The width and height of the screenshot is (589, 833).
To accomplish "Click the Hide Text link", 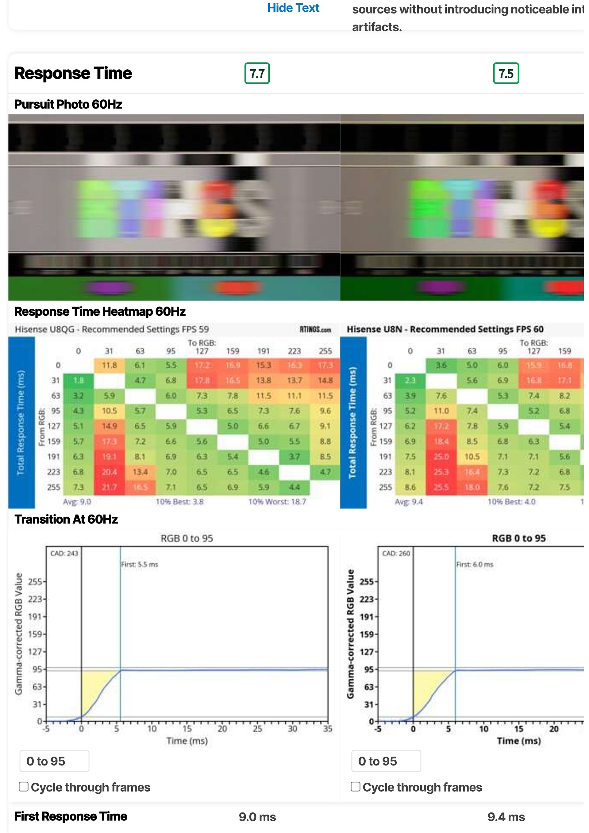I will tap(293, 8).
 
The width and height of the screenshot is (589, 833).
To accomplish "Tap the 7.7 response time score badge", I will tap(257, 74).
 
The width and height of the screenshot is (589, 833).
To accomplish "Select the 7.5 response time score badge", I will tap(506, 74).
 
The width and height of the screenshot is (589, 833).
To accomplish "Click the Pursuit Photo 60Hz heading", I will tap(68, 105).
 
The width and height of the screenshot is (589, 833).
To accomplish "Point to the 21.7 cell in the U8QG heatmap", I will tap(109, 487).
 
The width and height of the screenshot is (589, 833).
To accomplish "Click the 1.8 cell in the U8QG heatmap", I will tap(78, 380).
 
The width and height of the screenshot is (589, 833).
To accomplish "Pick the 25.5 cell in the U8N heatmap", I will tap(441, 487).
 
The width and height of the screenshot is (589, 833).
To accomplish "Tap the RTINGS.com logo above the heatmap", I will tap(315, 330).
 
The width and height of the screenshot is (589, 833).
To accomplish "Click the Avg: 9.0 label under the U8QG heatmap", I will tap(77, 502).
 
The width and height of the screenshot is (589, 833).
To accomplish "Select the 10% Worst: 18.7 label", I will tap(277, 502).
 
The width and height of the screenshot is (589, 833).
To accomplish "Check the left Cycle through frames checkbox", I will tap(24, 787).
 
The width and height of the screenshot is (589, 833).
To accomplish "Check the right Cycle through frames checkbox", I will tap(356, 787).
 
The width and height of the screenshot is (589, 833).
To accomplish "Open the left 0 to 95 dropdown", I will tap(54, 761).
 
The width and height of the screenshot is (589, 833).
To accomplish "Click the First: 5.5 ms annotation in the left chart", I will tap(140, 565).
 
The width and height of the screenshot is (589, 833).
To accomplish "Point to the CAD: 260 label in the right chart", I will tap(396, 553).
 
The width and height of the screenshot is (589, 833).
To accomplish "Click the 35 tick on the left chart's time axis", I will tap(328, 728).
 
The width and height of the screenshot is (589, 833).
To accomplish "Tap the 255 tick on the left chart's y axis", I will tap(35, 582).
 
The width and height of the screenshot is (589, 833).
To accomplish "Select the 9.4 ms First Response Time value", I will tap(506, 817).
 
